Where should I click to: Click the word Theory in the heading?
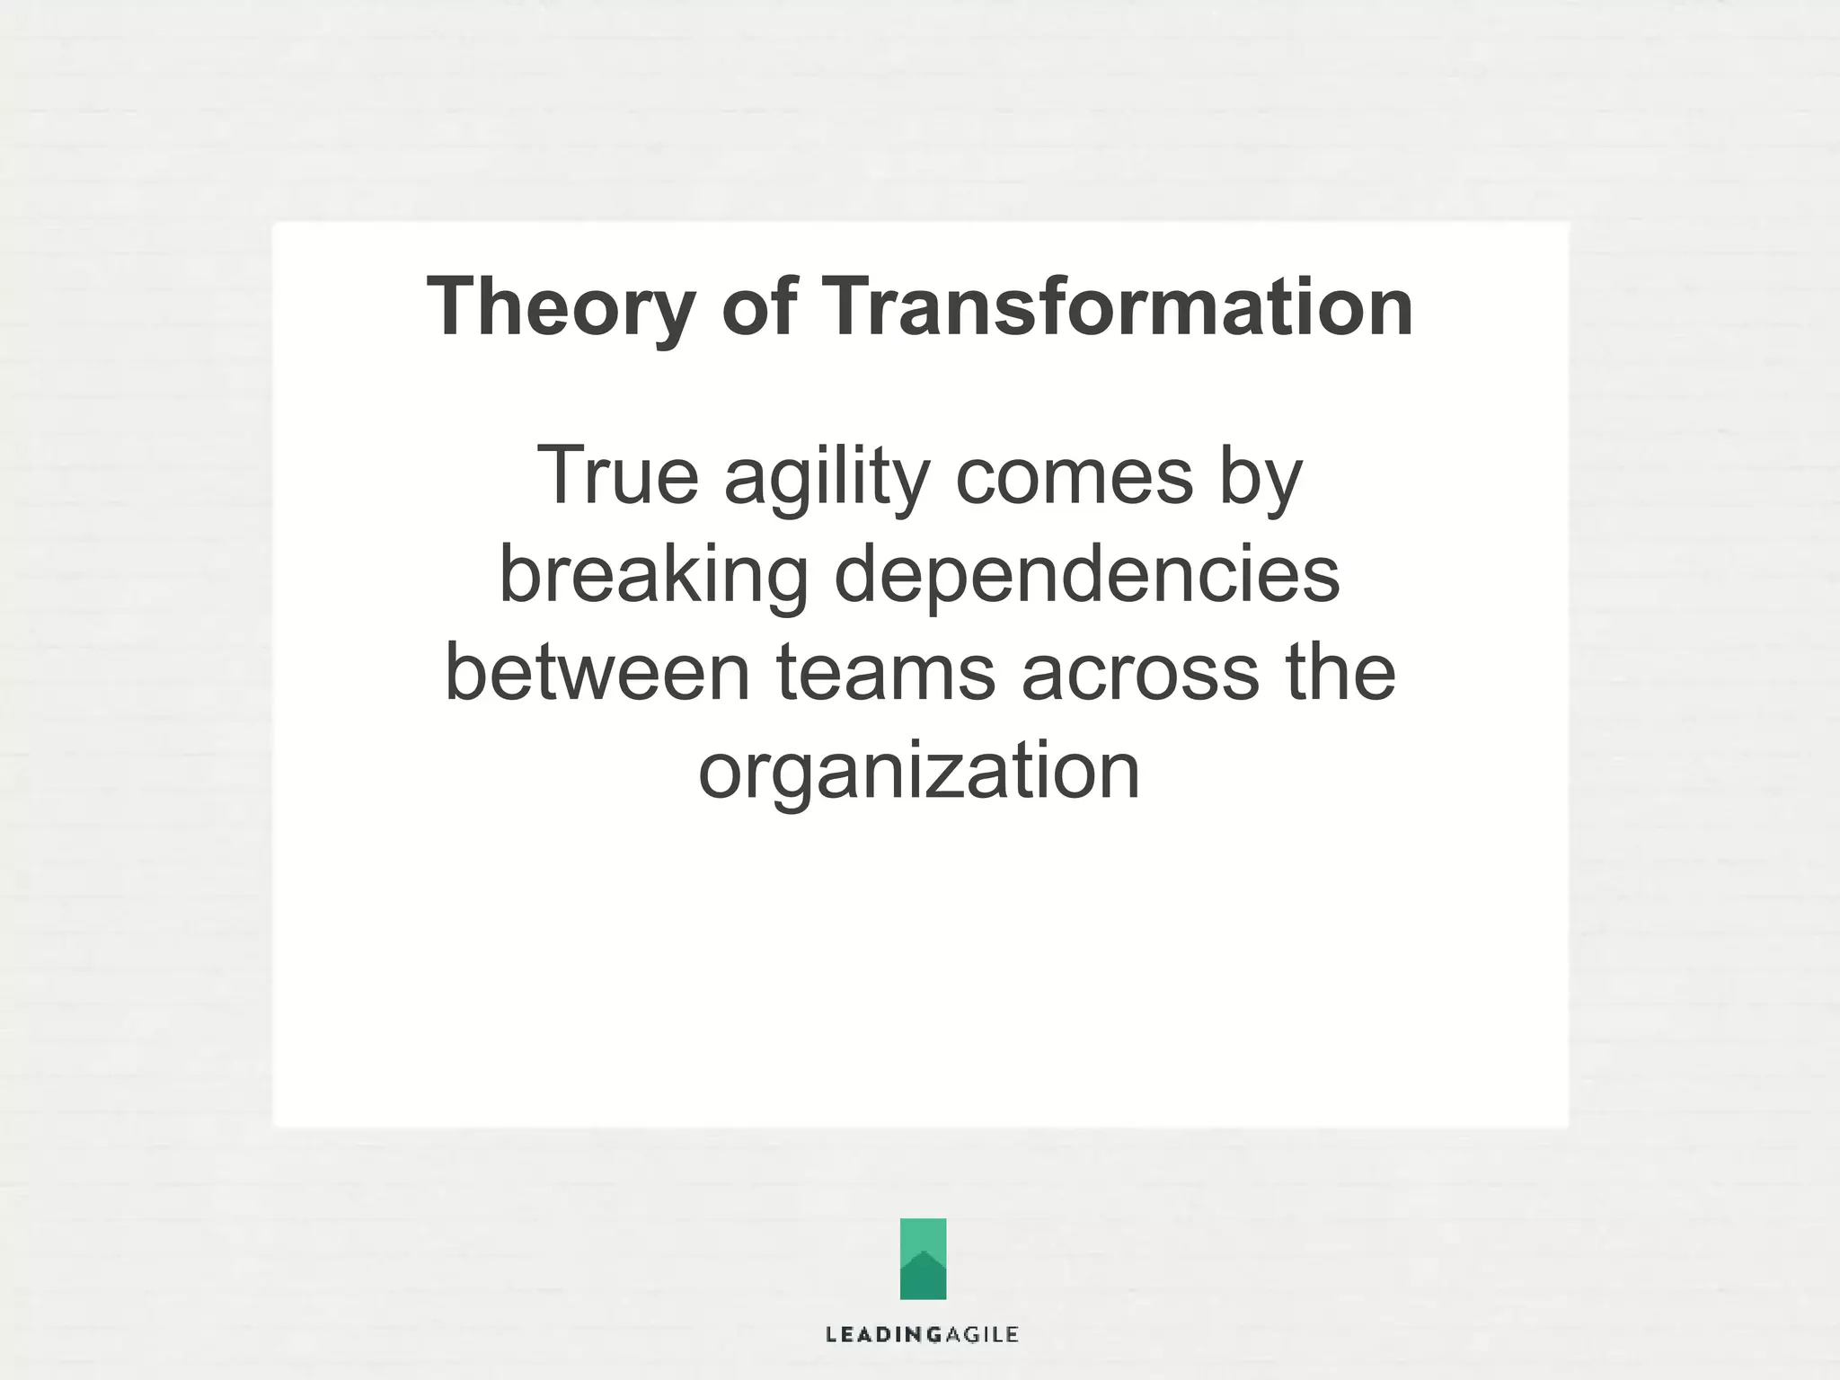point(562,308)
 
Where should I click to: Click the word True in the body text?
point(617,476)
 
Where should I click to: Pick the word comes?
point(1074,476)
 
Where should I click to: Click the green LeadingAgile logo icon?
point(923,1258)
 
